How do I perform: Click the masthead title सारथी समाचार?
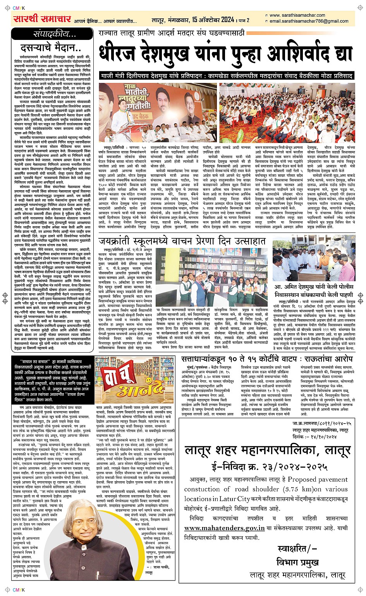pyautogui.click(x=42, y=19)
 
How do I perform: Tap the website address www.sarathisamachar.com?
pyautogui.click(x=297, y=16)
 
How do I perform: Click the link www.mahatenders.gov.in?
pyautogui.click(x=225, y=527)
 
